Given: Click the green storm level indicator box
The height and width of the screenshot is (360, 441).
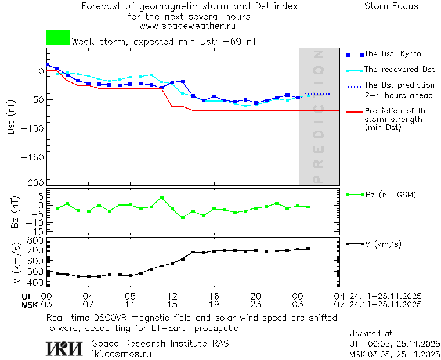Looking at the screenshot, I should [58, 38].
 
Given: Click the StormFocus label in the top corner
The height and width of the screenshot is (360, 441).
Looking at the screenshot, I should [391, 6].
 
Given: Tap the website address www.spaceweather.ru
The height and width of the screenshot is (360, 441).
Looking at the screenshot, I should [187, 26].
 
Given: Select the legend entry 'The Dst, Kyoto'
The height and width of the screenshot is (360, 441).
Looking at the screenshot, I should [392, 54].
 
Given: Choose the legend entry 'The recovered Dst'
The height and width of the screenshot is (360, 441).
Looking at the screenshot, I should [399, 70].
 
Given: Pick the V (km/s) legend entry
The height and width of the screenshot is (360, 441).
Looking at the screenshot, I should [382, 244].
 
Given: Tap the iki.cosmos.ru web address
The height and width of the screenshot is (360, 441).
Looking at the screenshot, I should [121, 354].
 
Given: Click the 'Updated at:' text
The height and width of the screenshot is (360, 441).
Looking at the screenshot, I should [371, 334].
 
